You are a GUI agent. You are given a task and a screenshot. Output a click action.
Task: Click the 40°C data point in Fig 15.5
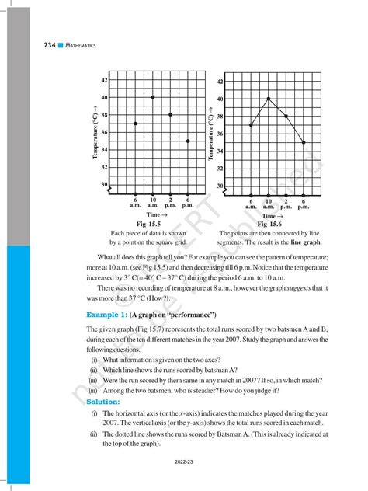tap(153, 97)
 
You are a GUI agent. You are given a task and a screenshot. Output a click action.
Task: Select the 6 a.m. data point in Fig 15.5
tap(136, 124)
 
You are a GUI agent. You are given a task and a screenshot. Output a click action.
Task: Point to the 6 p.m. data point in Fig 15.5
tap(188, 141)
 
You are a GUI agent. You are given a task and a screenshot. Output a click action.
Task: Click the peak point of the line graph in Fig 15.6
tap(269, 99)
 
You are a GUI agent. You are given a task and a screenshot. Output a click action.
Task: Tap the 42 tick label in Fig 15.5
tap(104, 80)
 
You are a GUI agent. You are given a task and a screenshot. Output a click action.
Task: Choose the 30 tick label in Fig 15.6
tap(220, 186)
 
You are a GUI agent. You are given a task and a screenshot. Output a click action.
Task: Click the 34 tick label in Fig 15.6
tap(220, 151)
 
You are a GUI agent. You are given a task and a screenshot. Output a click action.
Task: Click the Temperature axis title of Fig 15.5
tap(95, 131)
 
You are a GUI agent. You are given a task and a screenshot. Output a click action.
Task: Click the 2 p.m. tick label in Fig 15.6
tap(286, 204)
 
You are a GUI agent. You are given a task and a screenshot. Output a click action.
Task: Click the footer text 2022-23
tap(184, 461)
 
